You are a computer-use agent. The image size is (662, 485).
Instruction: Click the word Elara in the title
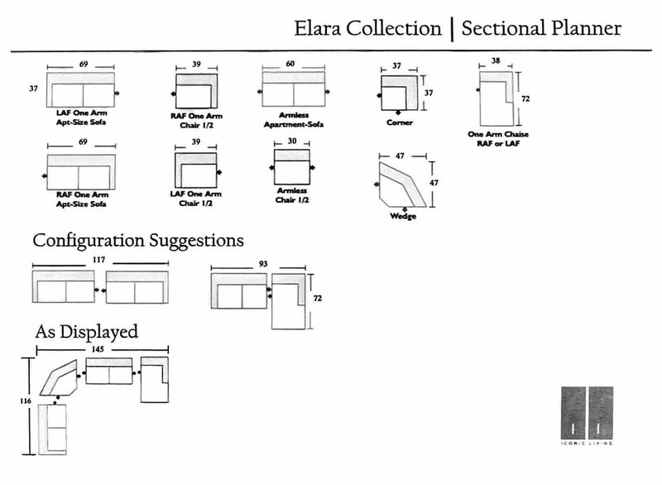point(319,29)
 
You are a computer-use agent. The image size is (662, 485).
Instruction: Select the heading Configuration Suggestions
point(137,241)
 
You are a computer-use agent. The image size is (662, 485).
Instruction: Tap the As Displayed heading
point(86,332)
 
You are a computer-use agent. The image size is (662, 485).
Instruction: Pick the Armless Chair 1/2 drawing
point(291,168)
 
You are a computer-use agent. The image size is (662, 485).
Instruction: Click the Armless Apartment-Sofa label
point(293,121)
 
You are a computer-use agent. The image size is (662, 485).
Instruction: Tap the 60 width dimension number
point(290,63)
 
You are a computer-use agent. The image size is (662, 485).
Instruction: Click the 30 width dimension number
point(291,141)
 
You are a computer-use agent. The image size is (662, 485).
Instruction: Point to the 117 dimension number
point(98,259)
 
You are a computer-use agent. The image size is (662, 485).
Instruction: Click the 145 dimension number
point(98,350)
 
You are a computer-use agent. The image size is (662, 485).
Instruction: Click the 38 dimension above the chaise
point(495,60)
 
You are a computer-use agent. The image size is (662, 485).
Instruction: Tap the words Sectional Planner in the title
point(541,29)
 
